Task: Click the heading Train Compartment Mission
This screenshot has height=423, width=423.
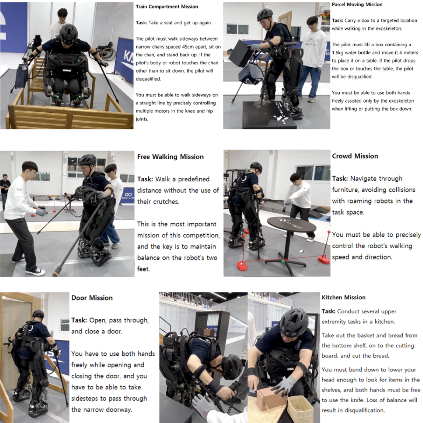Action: [x=167, y=7]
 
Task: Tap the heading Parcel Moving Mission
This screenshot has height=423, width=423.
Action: [x=357, y=5]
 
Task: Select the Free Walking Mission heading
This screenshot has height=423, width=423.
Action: [x=170, y=157]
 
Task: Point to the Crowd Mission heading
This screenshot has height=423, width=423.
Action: [x=355, y=156]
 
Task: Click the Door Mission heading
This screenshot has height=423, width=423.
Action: [x=92, y=298]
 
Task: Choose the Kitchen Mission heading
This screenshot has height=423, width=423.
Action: [x=344, y=297]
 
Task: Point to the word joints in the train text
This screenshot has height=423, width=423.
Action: [x=142, y=119]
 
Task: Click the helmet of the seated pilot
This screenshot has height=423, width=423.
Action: [x=69, y=34]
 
